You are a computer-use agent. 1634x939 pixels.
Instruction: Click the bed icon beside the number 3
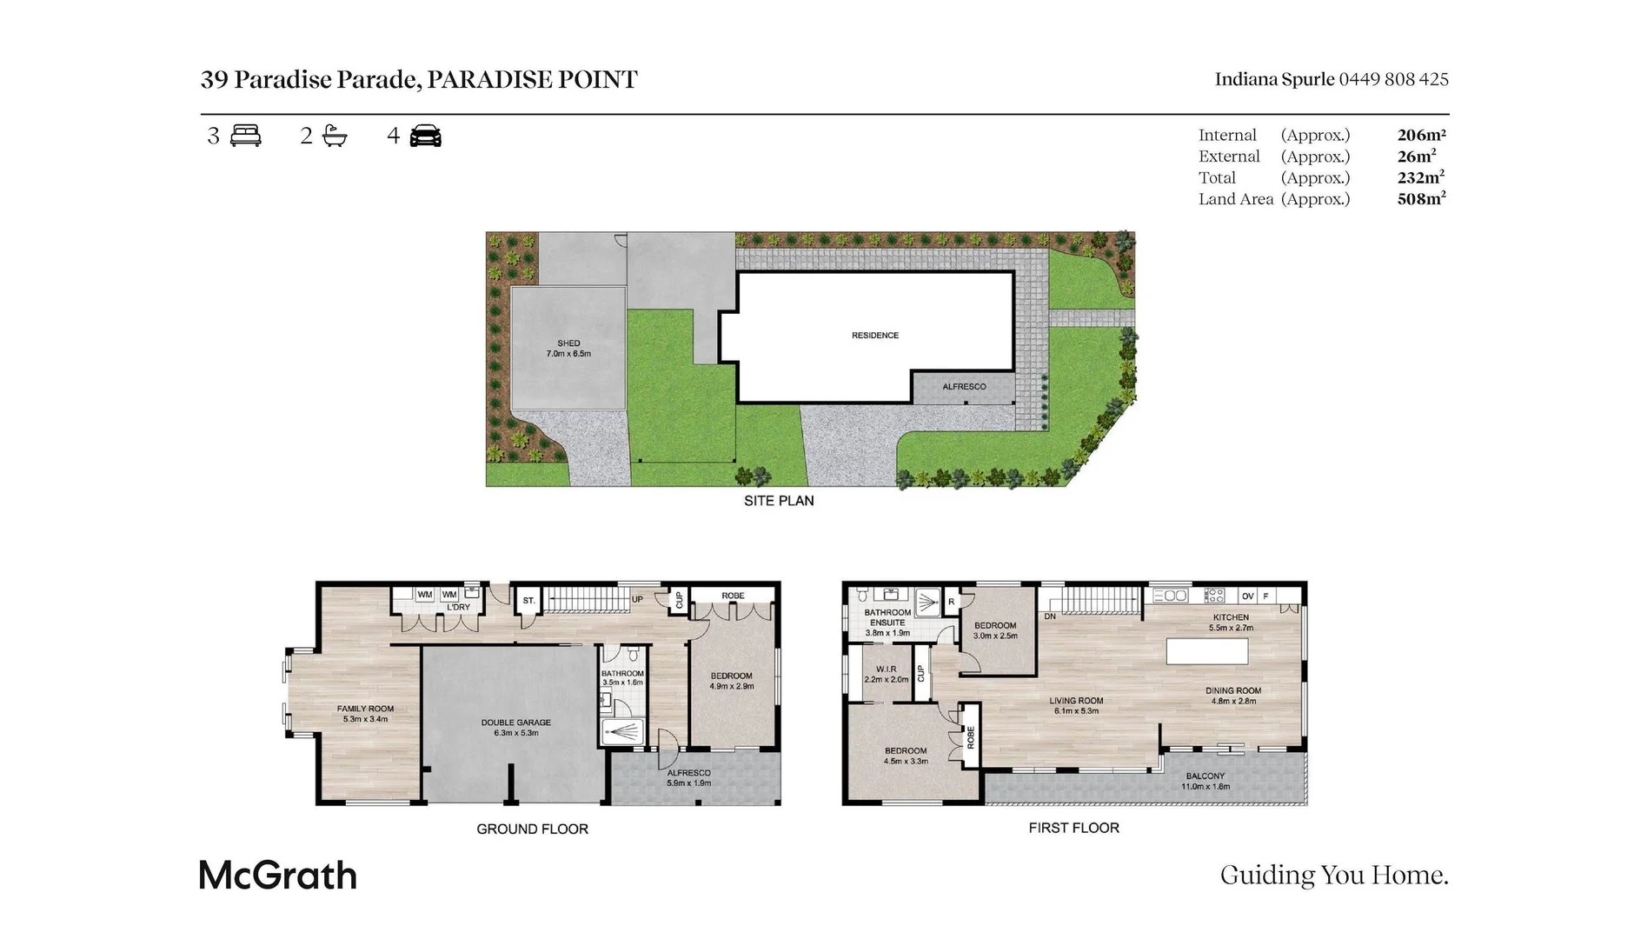pyautogui.click(x=246, y=136)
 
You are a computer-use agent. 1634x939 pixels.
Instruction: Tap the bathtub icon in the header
pyautogui.click(x=334, y=136)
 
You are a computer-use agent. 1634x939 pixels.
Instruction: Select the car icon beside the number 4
pyautogui.click(x=425, y=136)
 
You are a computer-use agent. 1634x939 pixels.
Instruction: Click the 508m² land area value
pyautogui.click(x=1421, y=198)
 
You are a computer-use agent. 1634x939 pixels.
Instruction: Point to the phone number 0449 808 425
pyautogui.click(x=1393, y=79)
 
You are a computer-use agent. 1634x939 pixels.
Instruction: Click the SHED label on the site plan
pyautogui.click(x=568, y=343)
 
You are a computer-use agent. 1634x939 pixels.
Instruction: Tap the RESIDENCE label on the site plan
pyautogui.click(x=875, y=335)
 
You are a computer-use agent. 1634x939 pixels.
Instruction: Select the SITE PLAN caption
pyautogui.click(x=779, y=501)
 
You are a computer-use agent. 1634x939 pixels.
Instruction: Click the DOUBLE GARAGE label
pyautogui.click(x=516, y=723)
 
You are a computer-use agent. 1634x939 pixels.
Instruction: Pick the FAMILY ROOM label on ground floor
pyautogui.click(x=366, y=709)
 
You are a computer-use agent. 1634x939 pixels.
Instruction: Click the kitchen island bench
pyautogui.click(x=1206, y=651)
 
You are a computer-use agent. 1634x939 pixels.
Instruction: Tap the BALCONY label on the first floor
pyautogui.click(x=1205, y=776)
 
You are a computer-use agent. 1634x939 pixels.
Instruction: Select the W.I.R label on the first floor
pyautogui.click(x=886, y=669)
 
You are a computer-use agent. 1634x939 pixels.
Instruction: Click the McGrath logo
pyautogui.click(x=278, y=875)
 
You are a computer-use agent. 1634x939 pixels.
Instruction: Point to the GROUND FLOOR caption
pyautogui.click(x=532, y=829)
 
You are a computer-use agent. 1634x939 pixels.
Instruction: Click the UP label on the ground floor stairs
pyautogui.click(x=637, y=599)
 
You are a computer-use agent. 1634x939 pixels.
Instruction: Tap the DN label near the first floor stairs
pyautogui.click(x=1050, y=616)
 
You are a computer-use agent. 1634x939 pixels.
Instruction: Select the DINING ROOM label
pyautogui.click(x=1232, y=690)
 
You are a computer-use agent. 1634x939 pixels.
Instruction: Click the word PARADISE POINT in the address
pyautogui.click(x=532, y=79)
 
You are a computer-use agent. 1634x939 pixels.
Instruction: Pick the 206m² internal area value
pyautogui.click(x=1421, y=135)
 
